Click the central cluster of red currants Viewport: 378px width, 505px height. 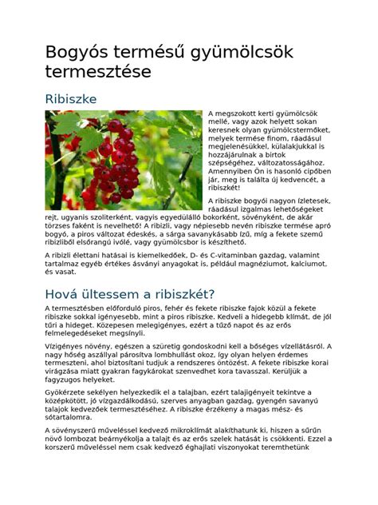click(x=112, y=156)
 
